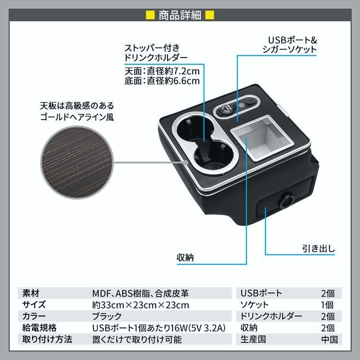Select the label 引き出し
click(x=318, y=249)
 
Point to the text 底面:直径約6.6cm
click(x=161, y=81)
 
